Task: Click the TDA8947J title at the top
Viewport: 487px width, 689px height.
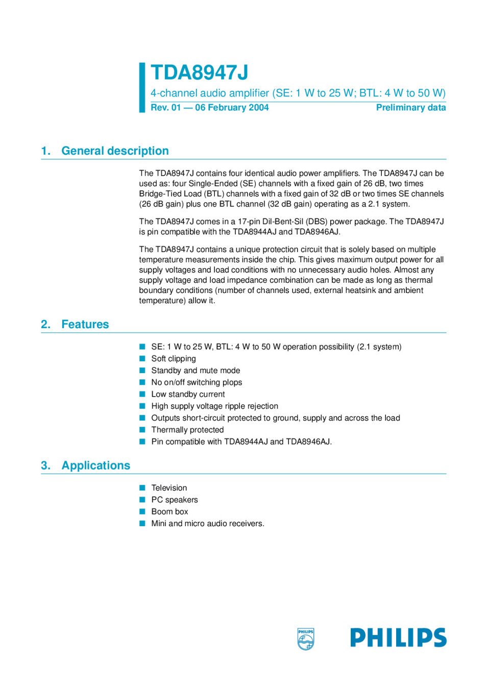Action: point(200,73)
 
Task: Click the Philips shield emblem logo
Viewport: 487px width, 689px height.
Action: point(305,638)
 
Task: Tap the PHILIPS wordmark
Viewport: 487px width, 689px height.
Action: point(398,638)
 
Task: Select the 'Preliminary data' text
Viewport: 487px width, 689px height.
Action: point(410,108)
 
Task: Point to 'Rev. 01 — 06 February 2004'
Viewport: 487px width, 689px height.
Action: point(209,108)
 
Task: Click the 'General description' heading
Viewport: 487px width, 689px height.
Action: point(115,151)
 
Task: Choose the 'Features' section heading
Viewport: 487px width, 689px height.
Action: point(85,325)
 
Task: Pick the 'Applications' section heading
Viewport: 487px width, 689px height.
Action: point(95,465)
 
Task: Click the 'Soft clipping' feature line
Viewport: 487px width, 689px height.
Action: point(174,359)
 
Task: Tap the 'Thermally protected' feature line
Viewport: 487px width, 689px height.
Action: point(187,430)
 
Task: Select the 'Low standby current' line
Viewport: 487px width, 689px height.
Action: point(188,395)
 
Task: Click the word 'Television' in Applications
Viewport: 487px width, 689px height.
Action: point(169,488)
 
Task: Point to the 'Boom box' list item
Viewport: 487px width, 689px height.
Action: point(169,511)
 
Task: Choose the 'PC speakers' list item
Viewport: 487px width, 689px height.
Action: point(175,500)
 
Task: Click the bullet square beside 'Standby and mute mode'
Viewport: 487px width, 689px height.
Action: point(142,371)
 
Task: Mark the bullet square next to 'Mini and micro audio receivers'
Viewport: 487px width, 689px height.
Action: point(142,523)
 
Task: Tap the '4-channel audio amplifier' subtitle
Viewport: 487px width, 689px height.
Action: point(298,93)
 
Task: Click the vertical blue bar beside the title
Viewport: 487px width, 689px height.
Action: point(142,87)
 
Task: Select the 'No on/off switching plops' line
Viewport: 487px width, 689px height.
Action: point(197,382)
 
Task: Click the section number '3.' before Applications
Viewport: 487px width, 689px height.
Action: point(46,465)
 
